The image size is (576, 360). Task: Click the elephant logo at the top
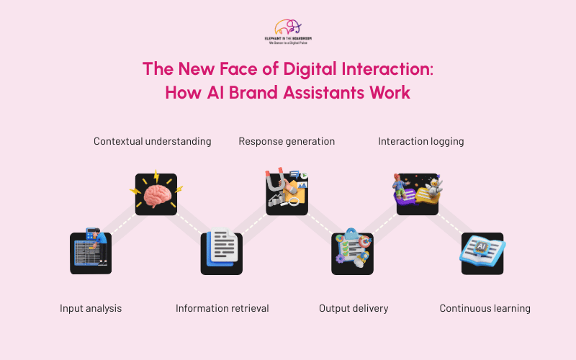coord(288,27)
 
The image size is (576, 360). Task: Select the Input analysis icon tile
coord(91,252)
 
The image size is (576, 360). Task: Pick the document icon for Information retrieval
coord(221,253)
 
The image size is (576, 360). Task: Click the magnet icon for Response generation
coord(287,194)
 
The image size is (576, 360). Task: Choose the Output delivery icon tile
coord(352,253)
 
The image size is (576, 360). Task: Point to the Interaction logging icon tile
coord(418,194)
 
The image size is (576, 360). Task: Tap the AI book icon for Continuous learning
coord(482,253)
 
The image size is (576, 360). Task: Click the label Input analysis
coord(91,308)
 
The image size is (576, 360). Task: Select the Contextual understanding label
coord(153,141)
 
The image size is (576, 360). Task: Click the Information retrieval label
coord(222,308)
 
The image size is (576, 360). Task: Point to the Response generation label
coord(287,141)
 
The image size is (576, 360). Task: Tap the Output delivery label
coord(354,308)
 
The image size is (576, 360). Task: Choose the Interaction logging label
coord(421,141)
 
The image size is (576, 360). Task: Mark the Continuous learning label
coord(485,308)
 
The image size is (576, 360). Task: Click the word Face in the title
coord(230,70)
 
